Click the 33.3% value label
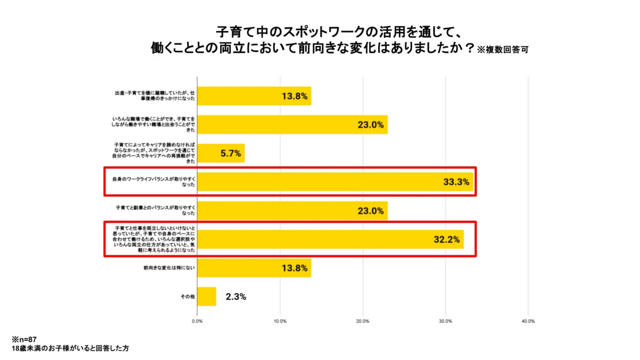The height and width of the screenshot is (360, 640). pos(456,182)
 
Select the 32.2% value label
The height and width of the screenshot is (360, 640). pos(446,239)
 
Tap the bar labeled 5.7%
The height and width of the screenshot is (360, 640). pos(221,153)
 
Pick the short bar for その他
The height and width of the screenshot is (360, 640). pos(206,297)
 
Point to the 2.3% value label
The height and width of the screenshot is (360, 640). pos(236,297)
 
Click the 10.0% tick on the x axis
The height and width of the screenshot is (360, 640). pos(280,321)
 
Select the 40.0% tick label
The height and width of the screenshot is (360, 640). pos(528,321)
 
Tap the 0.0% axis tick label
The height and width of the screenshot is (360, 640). pos(197,321)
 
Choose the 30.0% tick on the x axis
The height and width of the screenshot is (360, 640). pos(445,321)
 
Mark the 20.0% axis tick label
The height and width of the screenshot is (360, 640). pos(363,321)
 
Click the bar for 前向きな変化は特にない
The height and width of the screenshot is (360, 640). pos(254,268)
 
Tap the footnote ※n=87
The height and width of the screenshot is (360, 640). pos(24,339)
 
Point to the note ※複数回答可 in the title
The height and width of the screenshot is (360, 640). pos(502,50)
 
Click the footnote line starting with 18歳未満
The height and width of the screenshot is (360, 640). pos(69,348)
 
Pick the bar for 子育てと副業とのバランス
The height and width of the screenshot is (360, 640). pos(292,211)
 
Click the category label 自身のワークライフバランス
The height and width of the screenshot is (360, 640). pos(154,182)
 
